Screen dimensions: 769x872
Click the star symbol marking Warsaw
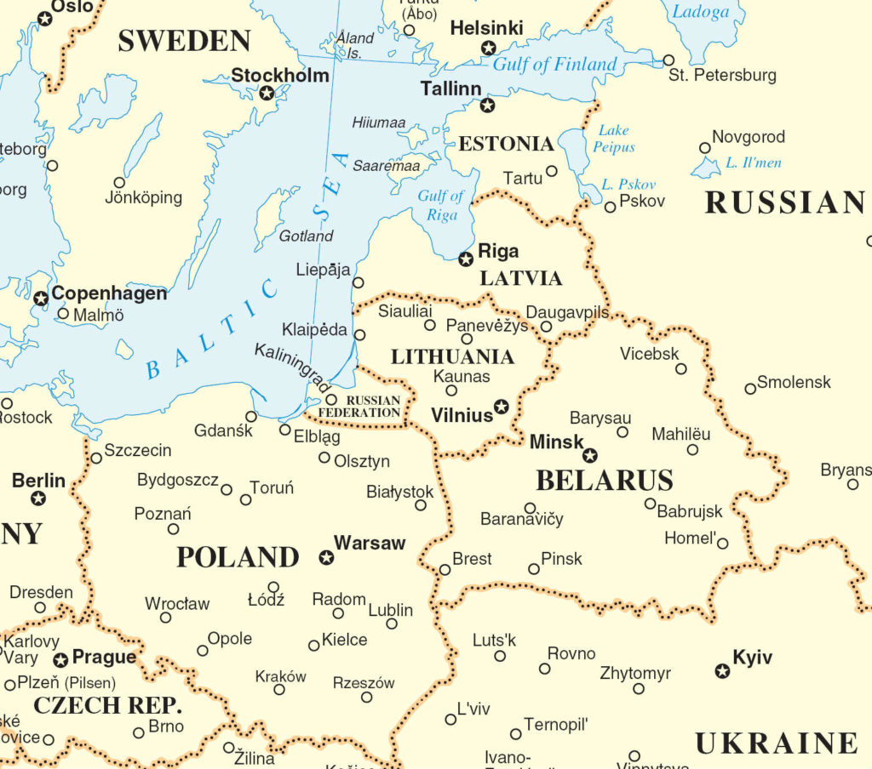click(x=325, y=558)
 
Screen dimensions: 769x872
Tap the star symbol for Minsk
click(x=589, y=455)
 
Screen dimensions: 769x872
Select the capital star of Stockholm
click(x=267, y=93)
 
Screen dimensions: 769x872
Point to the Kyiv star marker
click(x=722, y=671)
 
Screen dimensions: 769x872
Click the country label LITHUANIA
click(x=452, y=356)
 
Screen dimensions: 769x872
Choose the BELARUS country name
click(x=604, y=481)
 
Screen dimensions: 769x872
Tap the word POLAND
click(x=238, y=557)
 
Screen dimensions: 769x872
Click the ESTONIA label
click(x=506, y=144)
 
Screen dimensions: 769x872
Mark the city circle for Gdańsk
click(x=251, y=416)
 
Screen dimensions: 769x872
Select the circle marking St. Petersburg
click(x=668, y=60)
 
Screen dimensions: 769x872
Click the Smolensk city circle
click(x=750, y=389)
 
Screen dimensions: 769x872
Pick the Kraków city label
click(x=280, y=677)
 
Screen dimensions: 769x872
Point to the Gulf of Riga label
click(x=441, y=206)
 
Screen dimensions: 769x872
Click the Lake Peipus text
click(x=615, y=139)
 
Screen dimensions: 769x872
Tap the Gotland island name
click(x=307, y=236)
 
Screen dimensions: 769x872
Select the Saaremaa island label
click(x=387, y=165)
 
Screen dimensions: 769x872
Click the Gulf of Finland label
click(x=555, y=65)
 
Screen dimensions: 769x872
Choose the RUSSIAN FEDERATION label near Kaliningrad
click(x=372, y=407)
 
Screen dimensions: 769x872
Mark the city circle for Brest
click(x=445, y=570)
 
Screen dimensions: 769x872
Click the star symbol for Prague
click(x=60, y=660)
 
